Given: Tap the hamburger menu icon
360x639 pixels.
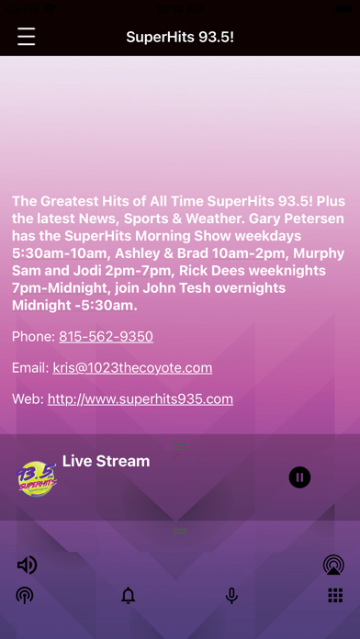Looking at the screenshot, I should coord(26,37).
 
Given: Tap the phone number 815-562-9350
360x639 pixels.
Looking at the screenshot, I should coord(106,337).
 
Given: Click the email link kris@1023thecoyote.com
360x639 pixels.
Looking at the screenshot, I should coord(132,368).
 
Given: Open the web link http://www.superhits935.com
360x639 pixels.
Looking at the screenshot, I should coord(141,399).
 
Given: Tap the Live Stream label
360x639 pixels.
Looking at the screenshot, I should coord(106,461).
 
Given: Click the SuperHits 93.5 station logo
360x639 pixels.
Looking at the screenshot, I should coord(37,478).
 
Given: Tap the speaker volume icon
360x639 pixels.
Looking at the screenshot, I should coord(27,565).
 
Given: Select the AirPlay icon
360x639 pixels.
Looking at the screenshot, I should coord(333,565).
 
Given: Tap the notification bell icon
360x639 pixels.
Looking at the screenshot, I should coord(129,596).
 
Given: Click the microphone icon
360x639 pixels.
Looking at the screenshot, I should coord(231,596).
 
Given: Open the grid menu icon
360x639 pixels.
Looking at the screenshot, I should coord(335,596).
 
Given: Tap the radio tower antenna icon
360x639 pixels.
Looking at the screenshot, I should coord(25,596).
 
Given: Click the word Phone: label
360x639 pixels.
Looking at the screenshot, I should coord(33,337).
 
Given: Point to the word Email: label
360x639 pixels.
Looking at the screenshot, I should coord(30,368).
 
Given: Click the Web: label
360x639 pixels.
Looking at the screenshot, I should coord(28,399).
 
